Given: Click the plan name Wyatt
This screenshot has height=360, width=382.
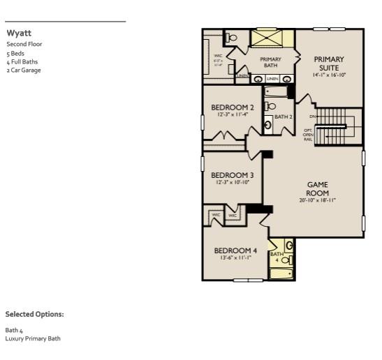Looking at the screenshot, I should click(18, 33).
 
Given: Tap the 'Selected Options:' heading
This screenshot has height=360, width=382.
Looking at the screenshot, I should click(34, 315).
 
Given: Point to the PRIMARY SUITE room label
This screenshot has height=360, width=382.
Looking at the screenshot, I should click(329, 63).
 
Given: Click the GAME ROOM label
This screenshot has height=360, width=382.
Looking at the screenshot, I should click(318, 188).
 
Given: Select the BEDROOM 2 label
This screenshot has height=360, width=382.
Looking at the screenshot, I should click(232, 107).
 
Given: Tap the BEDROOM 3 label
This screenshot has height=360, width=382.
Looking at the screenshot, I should click(232, 175).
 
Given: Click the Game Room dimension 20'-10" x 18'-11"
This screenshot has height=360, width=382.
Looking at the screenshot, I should click(318, 200).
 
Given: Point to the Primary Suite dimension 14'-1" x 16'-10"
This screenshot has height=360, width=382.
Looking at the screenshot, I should click(329, 75).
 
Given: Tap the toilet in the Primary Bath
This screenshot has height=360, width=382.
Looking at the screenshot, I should click(233, 38).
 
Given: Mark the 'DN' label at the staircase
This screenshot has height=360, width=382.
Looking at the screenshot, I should click(313, 116).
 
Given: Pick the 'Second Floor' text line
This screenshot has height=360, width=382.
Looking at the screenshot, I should click(24, 44).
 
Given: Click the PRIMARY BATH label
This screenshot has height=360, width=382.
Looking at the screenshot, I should click(270, 63).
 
